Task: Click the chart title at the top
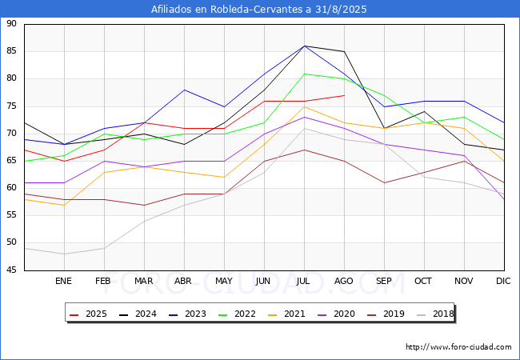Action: (259, 10)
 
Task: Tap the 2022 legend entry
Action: (235, 314)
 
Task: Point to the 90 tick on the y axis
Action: (11, 24)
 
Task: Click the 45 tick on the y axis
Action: (11, 270)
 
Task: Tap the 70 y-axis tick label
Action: (11, 134)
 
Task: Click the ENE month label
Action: (64, 282)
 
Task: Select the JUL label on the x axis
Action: (304, 282)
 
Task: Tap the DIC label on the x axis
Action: (503, 282)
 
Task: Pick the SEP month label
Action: (384, 282)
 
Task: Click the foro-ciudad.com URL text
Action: (458, 347)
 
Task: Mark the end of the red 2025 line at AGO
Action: (344, 95)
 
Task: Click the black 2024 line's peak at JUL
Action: (304, 46)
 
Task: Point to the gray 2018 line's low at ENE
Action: (64, 254)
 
